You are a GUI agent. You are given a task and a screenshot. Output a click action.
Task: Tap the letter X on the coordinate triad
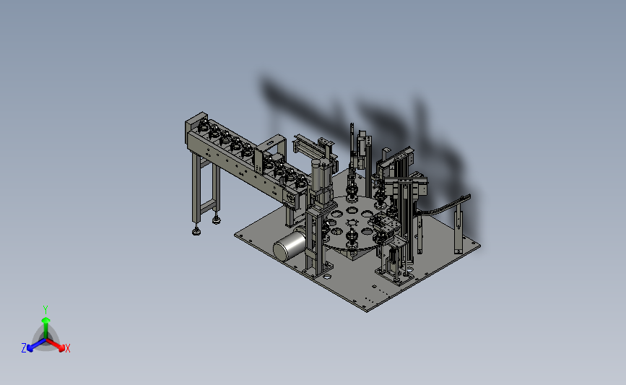[67, 348]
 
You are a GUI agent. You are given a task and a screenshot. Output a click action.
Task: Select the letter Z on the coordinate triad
[24, 348]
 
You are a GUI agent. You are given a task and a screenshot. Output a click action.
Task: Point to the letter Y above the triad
[45, 310]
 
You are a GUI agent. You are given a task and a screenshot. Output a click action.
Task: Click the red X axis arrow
[55, 345]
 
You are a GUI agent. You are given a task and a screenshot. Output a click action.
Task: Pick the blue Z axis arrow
[37, 345]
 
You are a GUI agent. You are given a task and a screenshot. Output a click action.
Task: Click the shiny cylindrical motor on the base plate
[290, 245]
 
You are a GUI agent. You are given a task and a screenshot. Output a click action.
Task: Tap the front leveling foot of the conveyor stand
[196, 230]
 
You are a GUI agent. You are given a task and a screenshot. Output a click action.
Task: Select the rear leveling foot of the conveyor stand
[217, 220]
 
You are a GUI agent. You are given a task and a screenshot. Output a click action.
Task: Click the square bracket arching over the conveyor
[271, 150]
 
